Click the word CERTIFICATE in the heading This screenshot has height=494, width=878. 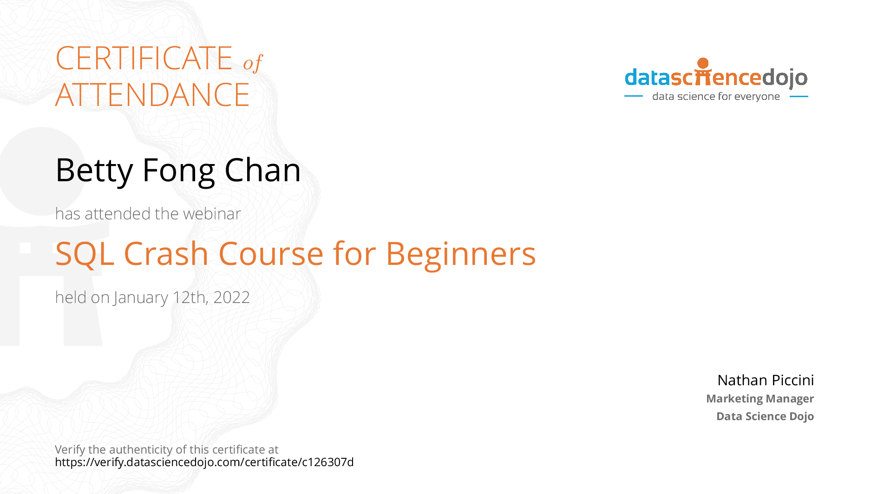[144, 58]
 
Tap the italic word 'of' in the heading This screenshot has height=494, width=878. [253, 63]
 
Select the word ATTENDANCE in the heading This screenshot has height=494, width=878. [152, 95]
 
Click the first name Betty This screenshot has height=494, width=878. [94, 171]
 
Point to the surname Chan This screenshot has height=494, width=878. [262, 170]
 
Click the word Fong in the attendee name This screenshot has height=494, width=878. [179, 171]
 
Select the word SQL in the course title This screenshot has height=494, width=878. [85, 254]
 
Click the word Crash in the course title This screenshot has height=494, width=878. [166, 254]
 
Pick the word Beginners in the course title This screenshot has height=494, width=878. [461, 255]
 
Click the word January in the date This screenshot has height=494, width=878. [141, 298]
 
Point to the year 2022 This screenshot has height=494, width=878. [231, 297]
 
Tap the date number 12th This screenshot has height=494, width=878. [190, 297]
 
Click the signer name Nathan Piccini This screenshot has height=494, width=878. [766, 380]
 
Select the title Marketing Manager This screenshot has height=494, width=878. [760, 399]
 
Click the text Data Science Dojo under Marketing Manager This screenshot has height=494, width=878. [765, 416]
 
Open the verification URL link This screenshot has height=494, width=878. [204, 462]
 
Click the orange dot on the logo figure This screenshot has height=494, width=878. [703, 63]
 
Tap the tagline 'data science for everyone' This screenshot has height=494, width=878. [716, 97]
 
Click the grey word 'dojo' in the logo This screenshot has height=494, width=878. [785, 78]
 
